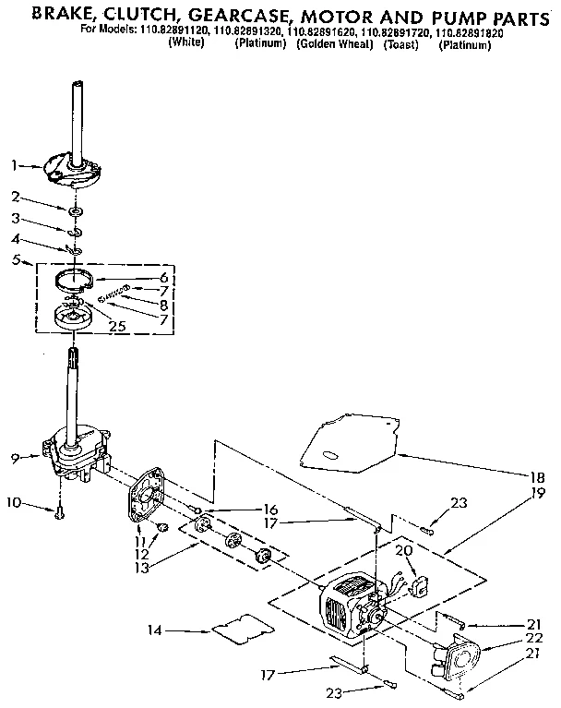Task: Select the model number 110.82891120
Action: [x=174, y=30]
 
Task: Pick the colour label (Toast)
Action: [x=402, y=43]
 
